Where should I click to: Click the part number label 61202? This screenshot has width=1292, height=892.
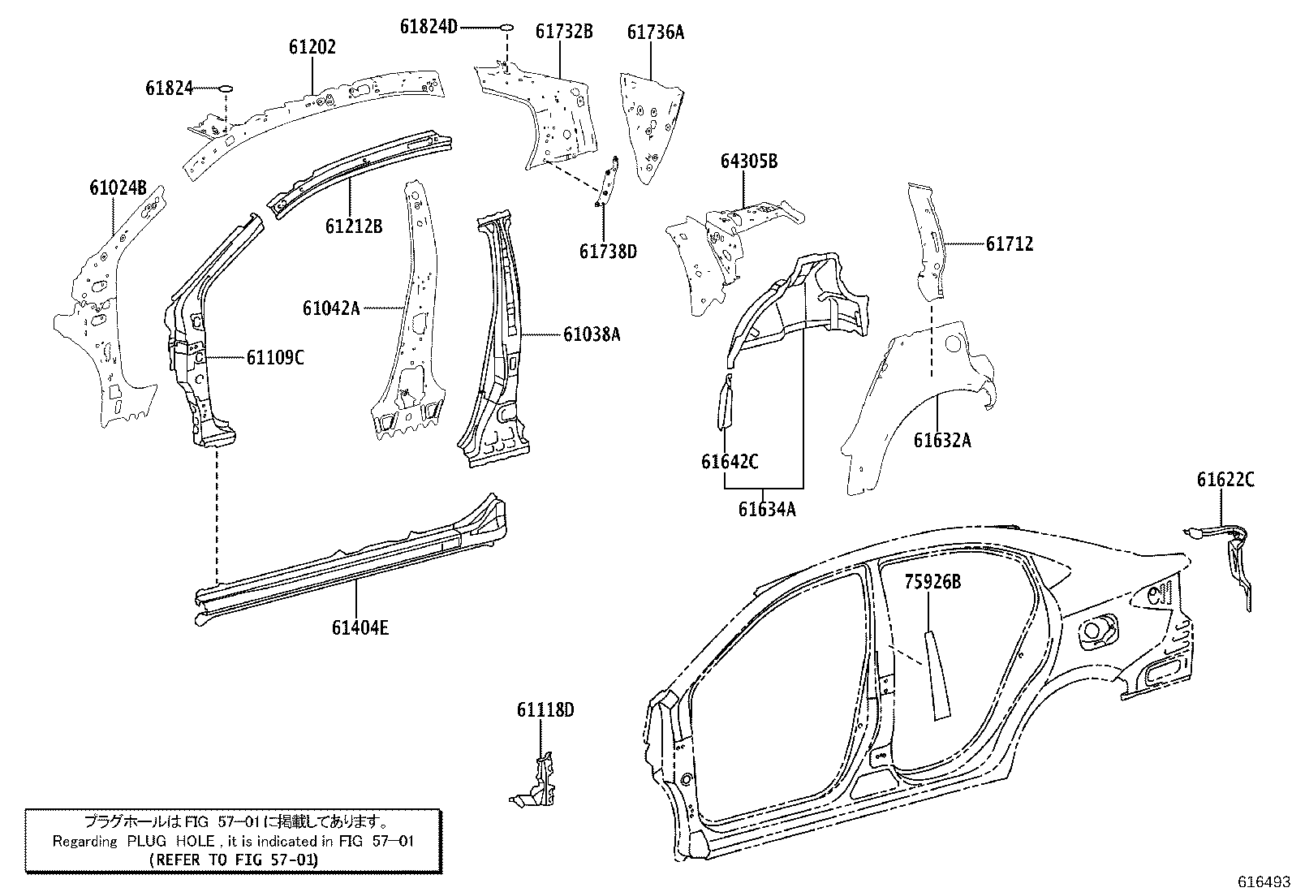(312, 47)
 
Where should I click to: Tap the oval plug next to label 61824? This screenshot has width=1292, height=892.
(226, 86)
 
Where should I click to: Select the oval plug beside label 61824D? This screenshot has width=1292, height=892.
(506, 27)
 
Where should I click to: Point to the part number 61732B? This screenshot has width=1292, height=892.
(563, 31)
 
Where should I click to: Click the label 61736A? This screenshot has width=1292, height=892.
(655, 32)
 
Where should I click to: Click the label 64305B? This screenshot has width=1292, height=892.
(748, 162)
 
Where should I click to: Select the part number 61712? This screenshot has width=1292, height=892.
(1010, 243)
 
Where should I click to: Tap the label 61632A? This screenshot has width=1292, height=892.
(941, 440)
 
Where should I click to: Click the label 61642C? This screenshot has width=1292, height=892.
(730, 462)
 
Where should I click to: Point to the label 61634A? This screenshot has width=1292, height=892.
(766, 509)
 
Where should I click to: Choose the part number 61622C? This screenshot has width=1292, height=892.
(1225, 480)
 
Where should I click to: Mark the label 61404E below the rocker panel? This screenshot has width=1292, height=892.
(360, 627)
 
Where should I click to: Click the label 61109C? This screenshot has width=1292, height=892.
(275, 357)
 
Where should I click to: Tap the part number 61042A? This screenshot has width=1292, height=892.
(330, 308)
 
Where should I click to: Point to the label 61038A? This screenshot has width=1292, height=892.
(592, 334)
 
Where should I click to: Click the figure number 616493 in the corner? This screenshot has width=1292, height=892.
(1263, 881)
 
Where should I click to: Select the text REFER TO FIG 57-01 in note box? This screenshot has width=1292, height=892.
(234, 859)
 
